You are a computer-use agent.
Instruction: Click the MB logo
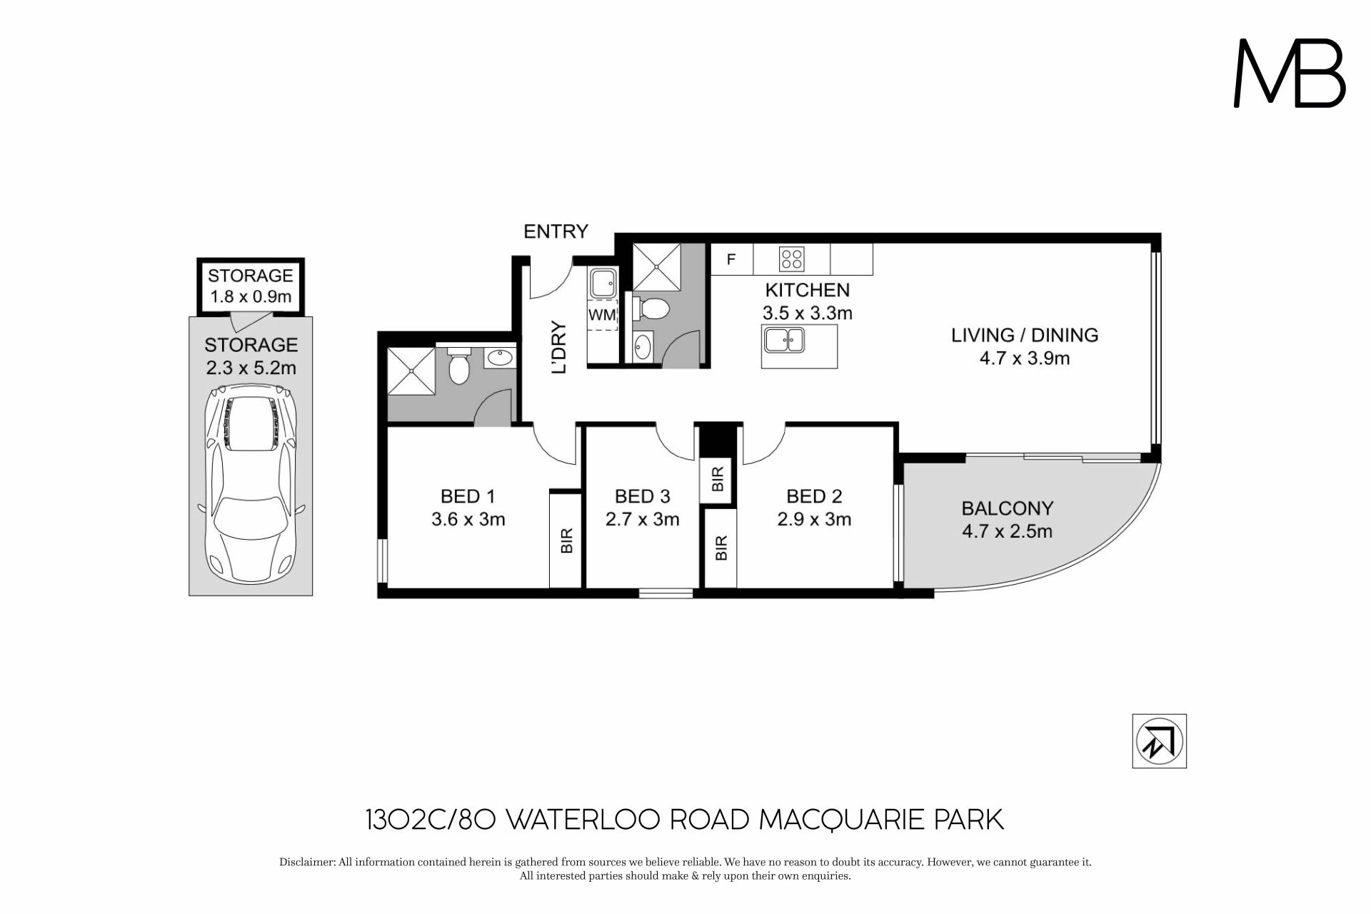[1290, 73]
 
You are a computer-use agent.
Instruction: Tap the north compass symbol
[1159, 741]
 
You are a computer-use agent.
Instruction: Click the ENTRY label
[556, 231]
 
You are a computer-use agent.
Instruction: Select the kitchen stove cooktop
[791, 258]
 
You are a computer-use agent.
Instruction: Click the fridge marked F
[731, 259]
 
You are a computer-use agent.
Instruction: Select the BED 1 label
[468, 496]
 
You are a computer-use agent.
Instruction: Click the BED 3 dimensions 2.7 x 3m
[642, 519]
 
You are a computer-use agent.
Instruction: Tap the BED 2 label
[814, 496]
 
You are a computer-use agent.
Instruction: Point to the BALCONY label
[1008, 508]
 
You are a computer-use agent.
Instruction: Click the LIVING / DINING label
[1025, 335]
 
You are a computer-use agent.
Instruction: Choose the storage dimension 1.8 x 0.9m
[250, 296]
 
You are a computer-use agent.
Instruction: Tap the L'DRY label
[560, 348]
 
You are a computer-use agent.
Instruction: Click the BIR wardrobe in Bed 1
[566, 540]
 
